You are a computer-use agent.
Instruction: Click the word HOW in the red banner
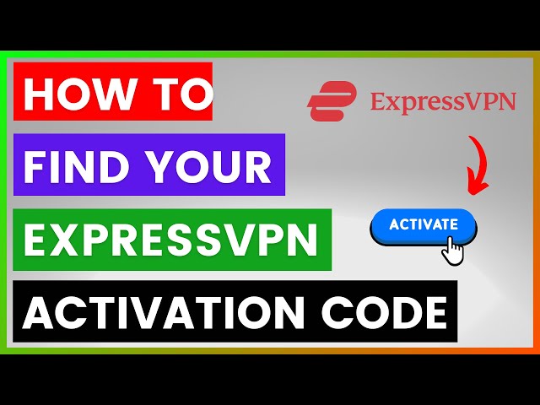click(78, 94)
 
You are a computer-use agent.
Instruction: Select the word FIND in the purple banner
click(73, 166)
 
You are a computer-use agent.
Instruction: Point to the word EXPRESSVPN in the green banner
click(170, 240)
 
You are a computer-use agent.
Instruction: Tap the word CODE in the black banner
click(384, 313)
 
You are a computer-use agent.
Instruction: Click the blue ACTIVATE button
click(424, 226)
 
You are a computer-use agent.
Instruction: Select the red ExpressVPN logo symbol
click(332, 101)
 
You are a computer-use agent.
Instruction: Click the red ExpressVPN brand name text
click(443, 102)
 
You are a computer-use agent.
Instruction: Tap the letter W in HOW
click(113, 94)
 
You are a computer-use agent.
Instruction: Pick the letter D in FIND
click(110, 166)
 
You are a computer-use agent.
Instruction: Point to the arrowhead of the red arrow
click(477, 185)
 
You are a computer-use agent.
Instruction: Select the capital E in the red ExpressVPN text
click(378, 102)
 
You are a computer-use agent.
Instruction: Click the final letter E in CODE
click(436, 313)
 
